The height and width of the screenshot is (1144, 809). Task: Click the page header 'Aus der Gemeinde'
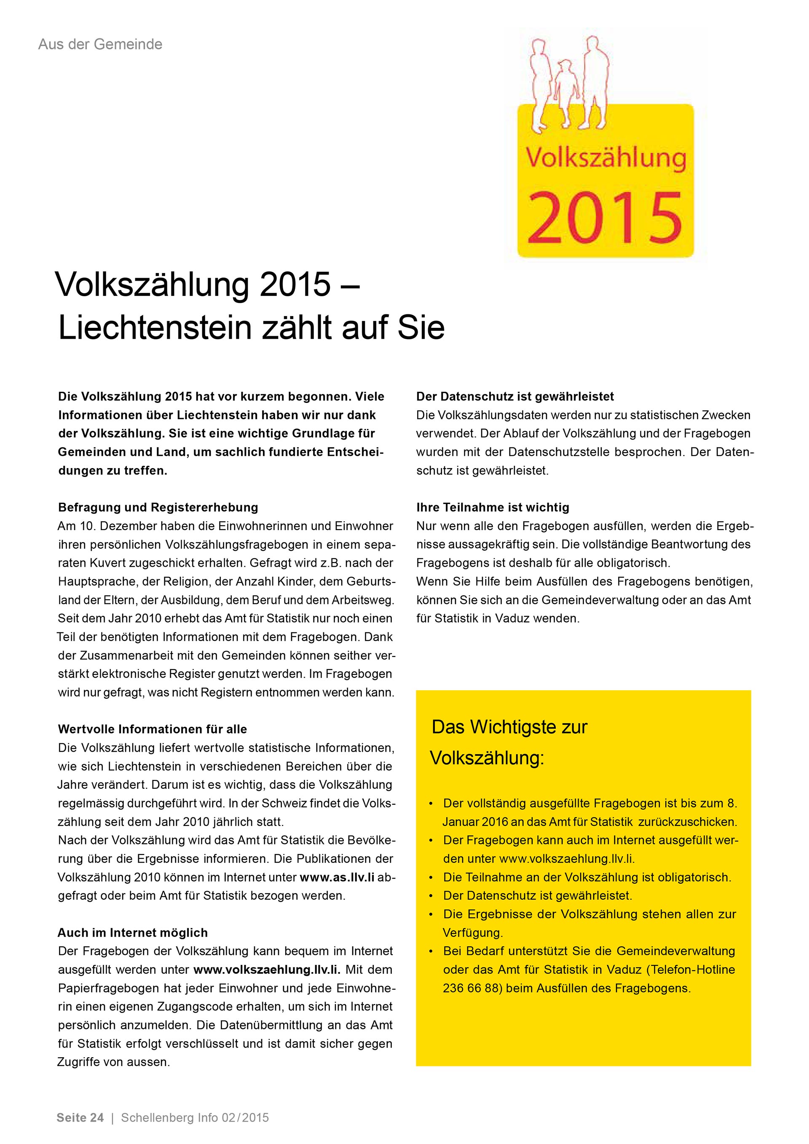click(100, 44)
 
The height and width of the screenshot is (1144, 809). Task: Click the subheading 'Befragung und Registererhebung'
click(158, 507)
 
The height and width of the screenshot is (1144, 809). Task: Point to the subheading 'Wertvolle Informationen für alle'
click(153, 729)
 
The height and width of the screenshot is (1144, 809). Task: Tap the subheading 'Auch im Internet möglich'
click(132, 932)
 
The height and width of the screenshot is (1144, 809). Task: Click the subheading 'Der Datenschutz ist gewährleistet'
click(515, 397)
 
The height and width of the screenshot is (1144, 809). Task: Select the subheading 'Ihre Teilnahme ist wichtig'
click(493, 507)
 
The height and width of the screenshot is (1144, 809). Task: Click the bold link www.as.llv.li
click(337, 877)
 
